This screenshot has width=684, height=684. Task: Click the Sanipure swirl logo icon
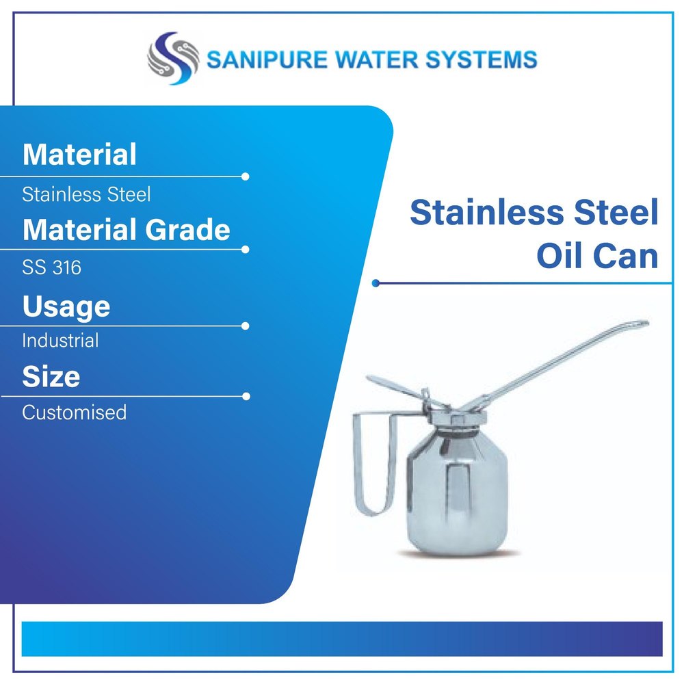173,58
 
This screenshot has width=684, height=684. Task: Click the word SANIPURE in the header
267,60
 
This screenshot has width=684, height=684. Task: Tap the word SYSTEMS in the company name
482,60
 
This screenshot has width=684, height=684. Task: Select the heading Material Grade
126,229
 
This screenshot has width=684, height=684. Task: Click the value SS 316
51,267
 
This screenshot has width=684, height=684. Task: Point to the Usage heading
66,306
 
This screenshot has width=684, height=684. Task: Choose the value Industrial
60,340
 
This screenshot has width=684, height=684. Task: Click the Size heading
51,376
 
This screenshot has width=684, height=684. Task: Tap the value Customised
74,412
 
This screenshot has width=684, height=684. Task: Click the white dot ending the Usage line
245,326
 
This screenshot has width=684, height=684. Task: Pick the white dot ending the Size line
246,396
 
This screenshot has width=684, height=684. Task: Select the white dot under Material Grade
245,250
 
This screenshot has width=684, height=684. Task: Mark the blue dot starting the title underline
376,283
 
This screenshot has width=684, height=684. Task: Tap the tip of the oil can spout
645,323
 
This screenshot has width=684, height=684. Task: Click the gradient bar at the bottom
342,639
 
